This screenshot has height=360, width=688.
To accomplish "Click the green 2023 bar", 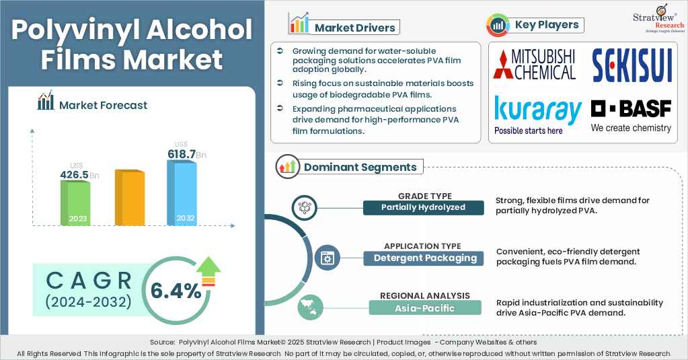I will click(x=75, y=203).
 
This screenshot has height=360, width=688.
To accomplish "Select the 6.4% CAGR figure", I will click(x=176, y=291).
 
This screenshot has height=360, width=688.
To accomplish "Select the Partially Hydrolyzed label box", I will click(x=423, y=207).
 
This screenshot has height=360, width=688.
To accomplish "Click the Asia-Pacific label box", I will click(x=425, y=308).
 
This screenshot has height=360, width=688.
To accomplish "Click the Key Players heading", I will click(x=546, y=25).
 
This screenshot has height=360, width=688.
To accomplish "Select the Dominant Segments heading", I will click(x=360, y=167).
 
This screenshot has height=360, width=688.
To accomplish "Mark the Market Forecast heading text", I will click(x=103, y=105).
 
